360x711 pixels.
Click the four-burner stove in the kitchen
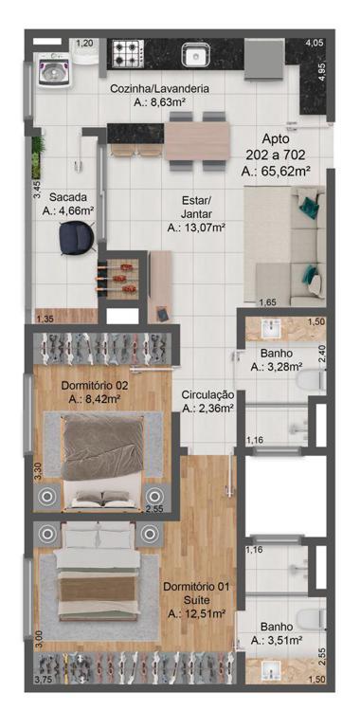(x=127, y=53)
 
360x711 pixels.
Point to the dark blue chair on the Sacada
(x=77, y=238)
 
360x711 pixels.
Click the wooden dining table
(x=197, y=141)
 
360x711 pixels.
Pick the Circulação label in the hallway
(x=207, y=395)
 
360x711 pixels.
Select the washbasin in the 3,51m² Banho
(x=272, y=670)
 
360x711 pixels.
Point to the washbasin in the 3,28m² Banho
(x=271, y=328)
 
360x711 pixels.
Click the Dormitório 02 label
(x=96, y=386)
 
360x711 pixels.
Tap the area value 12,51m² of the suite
(x=196, y=614)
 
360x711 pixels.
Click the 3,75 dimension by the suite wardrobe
(x=44, y=679)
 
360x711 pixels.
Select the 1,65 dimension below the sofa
(x=267, y=302)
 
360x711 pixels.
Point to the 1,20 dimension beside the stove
(x=84, y=44)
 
